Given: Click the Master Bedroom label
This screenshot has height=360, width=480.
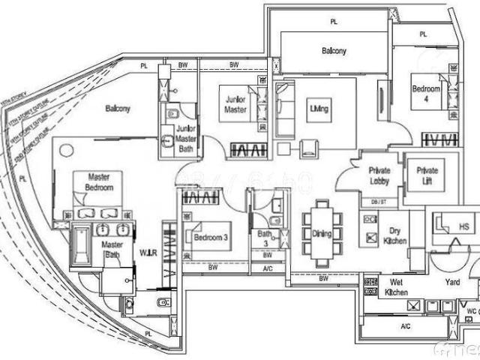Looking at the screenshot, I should [x=99, y=181].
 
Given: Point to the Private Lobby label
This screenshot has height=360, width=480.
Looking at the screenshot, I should [x=379, y=175].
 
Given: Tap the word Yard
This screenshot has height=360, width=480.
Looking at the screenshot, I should [x=452, y=283].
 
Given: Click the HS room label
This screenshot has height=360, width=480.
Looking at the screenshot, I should [x=464, y=227].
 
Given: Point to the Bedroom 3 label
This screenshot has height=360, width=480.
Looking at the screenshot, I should [x=211, y=238].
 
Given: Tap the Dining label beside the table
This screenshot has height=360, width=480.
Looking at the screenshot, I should [x=322, y=235].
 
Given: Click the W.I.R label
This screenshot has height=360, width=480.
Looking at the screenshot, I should [x=147, y=253].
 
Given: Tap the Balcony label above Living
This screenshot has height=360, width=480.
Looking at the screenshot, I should [x=334, y=51].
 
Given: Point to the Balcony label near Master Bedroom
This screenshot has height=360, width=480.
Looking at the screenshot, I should [x=117, y=109].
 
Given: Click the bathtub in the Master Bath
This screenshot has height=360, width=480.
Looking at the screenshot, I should [x=79, y=247].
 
